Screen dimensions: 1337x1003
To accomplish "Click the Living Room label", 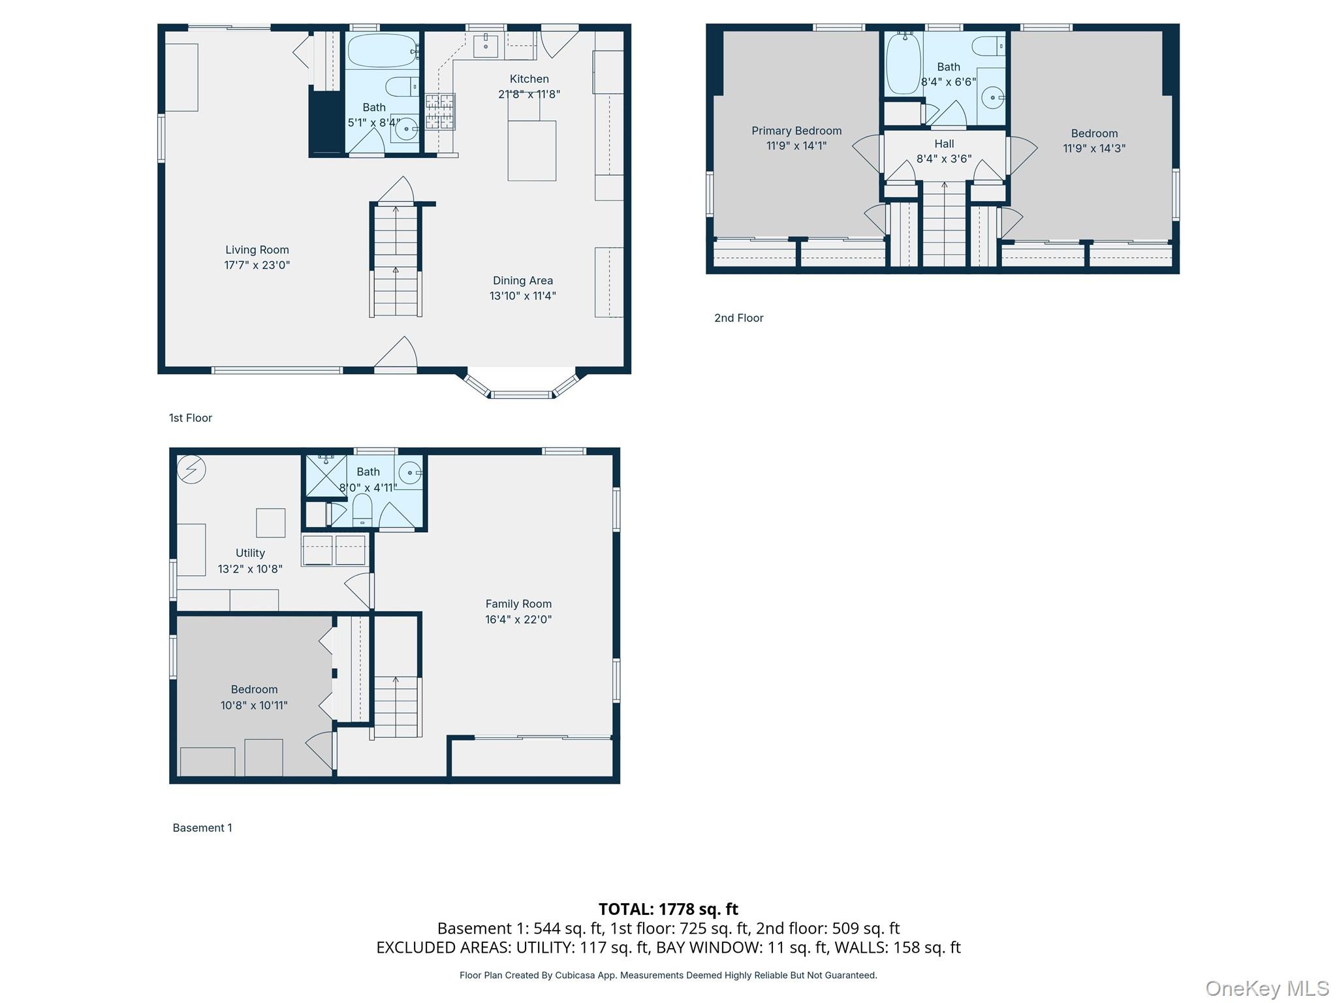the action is [257, 249].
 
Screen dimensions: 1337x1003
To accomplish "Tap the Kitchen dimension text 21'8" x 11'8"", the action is [529, 94].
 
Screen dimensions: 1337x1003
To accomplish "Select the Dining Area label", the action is [523, 281].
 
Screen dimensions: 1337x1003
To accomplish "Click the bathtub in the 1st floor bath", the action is [383, 50].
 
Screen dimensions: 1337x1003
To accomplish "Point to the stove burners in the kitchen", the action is [440, 112].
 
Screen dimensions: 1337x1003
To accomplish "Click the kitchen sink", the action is [486, 46].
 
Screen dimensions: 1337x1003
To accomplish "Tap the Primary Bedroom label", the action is [796, 131].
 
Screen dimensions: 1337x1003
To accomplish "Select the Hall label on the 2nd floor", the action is [944, 144].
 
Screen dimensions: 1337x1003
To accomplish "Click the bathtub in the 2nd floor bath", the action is [904, 63].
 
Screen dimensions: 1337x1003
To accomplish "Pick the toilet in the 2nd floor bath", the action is [988, 46].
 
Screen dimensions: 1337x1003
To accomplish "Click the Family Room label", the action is [518, 604].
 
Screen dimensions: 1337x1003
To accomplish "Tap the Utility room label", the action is [250, 553].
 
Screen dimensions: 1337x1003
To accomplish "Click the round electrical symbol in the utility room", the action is [192, 469].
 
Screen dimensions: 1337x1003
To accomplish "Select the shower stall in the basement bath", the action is [326, 475].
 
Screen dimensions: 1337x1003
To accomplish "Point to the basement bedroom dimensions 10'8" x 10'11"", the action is [254, 705].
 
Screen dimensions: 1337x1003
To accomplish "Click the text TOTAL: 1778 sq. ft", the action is [668, 909].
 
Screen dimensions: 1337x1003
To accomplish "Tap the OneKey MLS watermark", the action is [1267, 989].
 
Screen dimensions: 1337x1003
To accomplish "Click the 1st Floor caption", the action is [191, 418].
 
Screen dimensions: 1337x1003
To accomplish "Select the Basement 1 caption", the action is [202, 828].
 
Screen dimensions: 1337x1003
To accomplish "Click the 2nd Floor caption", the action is [738, 318].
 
